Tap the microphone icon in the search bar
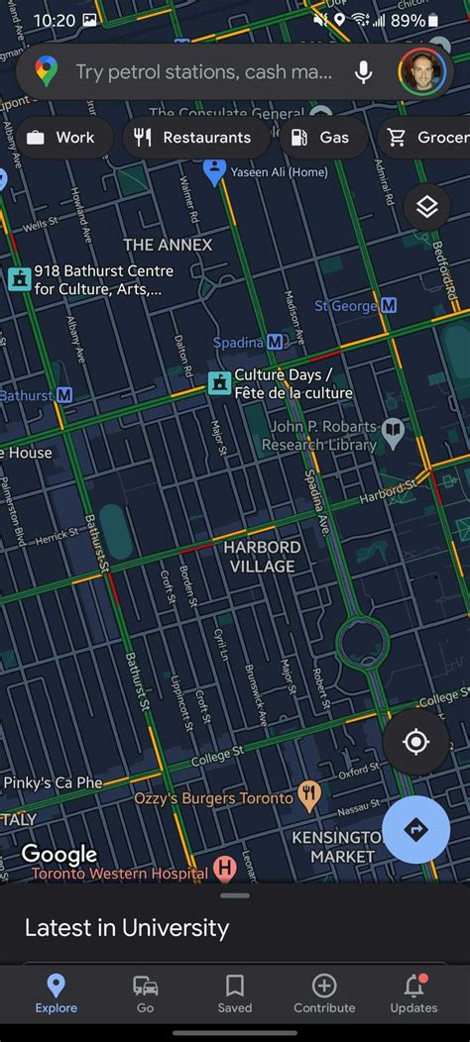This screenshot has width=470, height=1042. pos(364,71)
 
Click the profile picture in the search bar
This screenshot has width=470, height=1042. pos(420,71)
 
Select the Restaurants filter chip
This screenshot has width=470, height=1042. pos(195,138)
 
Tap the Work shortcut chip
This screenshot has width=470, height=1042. pos(60,138)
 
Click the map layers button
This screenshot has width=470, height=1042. pos(427,207)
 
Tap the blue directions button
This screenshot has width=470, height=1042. pos(415,830)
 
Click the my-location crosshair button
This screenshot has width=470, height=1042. pos(415,742)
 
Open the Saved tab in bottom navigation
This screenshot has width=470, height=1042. pos(235,993)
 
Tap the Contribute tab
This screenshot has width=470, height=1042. pos(324,993)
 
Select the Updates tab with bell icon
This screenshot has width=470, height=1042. pos(413,993)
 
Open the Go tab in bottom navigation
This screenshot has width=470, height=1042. pos(146,993)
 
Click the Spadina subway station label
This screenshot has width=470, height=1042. pos(249,342)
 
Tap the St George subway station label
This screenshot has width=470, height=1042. pos(355,306)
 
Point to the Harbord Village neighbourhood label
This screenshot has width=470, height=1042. pos(262,557)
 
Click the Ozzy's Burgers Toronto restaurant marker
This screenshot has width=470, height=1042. pos(309,795)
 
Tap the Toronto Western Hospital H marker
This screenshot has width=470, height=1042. pos(225,870)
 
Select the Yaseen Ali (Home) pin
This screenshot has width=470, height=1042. pos(214,171)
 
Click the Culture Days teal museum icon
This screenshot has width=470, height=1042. pos(219,382)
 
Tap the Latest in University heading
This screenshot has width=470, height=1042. pos(127,928)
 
